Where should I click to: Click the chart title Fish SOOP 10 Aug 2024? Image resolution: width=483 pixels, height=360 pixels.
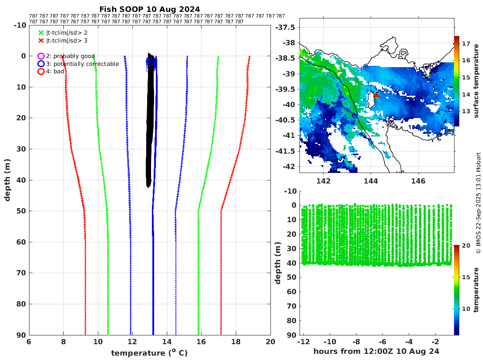pos(149,9)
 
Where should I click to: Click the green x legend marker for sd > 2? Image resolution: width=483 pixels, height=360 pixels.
pos(41,32)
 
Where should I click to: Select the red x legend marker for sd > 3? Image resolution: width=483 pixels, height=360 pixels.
pos(41,41)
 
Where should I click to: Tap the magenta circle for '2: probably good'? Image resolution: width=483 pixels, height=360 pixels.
pos(41,56)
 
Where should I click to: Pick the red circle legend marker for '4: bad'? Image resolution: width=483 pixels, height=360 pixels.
pos(41,72)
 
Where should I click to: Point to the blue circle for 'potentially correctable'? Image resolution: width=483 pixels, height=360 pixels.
pos(41,64)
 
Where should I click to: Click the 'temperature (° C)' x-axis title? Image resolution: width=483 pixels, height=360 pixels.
pos(149,353)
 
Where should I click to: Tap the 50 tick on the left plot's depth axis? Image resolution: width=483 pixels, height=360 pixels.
pos(19,211)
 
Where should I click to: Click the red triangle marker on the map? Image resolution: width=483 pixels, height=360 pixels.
pos(376,95)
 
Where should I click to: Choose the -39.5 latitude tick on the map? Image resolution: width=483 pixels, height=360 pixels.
pos(286,89)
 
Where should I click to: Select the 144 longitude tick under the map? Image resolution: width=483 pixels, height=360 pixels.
pos(371,181)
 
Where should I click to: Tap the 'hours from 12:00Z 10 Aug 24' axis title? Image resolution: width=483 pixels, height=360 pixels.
pos(376,352)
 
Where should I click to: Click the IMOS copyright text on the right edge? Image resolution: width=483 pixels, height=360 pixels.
pos(479,202)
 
